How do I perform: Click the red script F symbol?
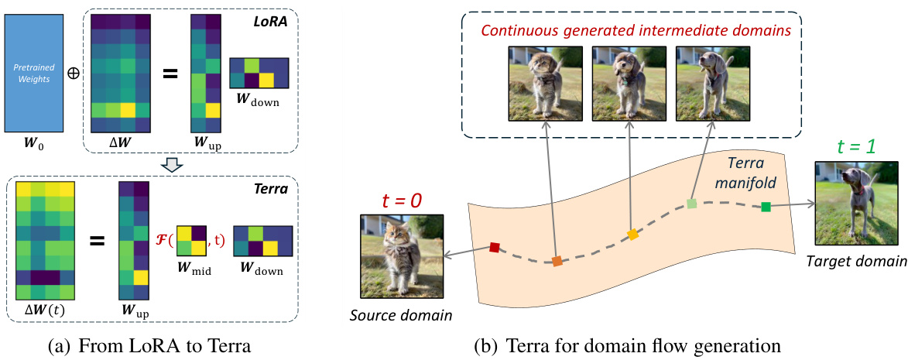163,241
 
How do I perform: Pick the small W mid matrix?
192,241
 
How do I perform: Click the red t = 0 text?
403,201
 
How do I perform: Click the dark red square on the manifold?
495,248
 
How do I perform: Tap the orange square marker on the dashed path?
557,262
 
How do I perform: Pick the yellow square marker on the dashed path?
632,235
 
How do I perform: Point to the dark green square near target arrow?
766,206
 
